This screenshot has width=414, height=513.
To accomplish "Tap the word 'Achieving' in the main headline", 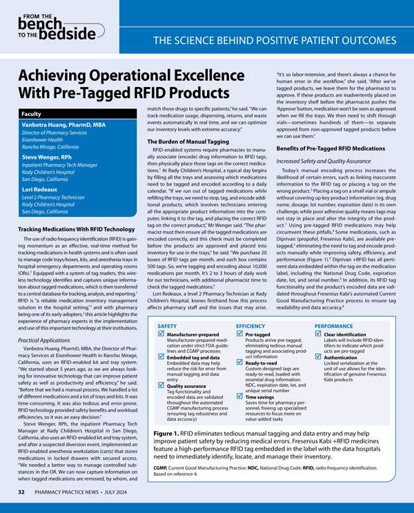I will coord(66,75).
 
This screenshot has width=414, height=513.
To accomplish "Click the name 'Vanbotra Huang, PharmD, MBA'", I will coord(61,124).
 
